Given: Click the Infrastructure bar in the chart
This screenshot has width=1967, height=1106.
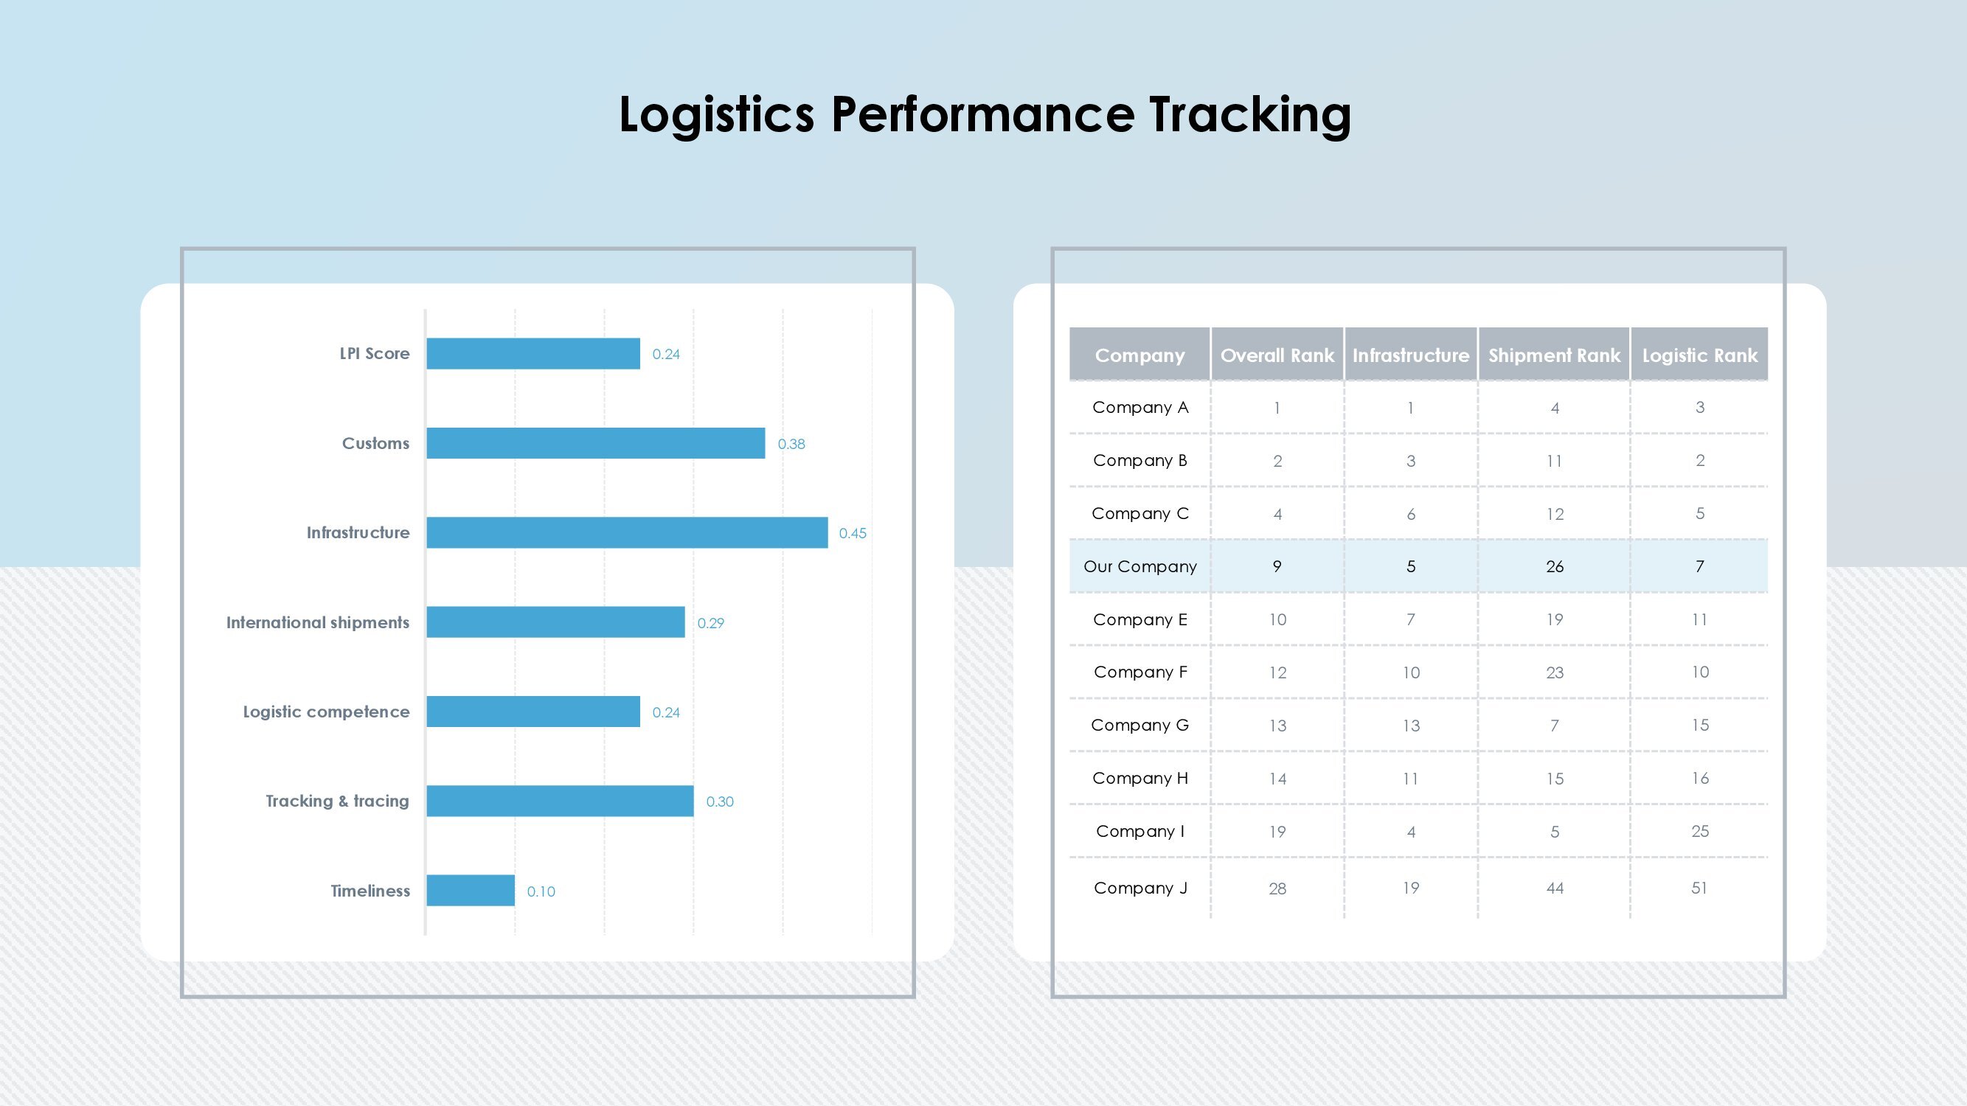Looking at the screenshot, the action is tap(627, 533).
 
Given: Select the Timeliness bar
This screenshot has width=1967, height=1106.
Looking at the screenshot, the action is tap(471, 891).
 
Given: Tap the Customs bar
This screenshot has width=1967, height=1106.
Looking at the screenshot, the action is tap(596, 443).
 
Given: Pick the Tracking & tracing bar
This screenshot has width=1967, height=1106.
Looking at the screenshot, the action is tap(560, 801).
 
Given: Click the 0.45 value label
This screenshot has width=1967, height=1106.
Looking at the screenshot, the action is tap(852, 534).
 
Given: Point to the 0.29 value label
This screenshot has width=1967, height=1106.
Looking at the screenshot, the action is tap(710, 623).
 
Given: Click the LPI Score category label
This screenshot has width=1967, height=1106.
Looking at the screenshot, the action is tap(374, 353).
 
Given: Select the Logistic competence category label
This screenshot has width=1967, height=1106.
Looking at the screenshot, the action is tap(326, 712).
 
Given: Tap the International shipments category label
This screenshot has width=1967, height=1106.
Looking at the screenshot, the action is tap(318, 623).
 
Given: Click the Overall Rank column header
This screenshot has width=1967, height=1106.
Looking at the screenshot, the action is tap(1277, 355).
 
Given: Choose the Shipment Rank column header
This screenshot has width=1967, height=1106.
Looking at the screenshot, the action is tap(1554, 355).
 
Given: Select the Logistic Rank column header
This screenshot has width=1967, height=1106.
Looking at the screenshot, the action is tap(1700, 355).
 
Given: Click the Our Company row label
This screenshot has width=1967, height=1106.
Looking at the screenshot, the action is tap(1140, 566).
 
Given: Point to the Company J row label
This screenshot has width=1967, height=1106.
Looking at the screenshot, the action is tap(1140, 888).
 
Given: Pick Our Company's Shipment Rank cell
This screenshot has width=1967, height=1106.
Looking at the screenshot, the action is tap(1555, 566).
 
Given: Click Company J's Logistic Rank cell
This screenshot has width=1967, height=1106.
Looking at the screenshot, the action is tap(1699, 888).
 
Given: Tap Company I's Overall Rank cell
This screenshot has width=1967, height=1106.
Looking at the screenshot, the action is tap(1277, 831).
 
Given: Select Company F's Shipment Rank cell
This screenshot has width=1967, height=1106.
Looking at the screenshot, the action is tap(1555, 672).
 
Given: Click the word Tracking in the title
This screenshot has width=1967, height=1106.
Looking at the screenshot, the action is tap(1250, 114).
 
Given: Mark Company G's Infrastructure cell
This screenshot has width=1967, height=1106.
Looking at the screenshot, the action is tap(1411, 725).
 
